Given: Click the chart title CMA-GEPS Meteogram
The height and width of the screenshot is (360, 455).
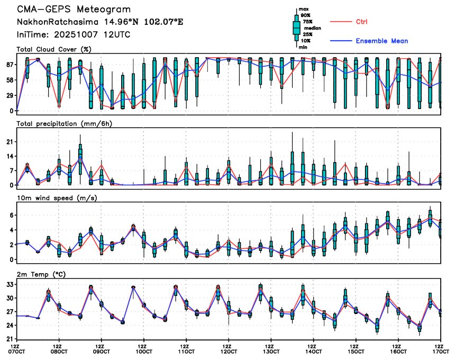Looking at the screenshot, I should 74,10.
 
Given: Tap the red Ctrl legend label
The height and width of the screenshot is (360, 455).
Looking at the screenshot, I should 361,22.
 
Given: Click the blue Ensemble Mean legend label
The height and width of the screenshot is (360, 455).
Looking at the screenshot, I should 381,41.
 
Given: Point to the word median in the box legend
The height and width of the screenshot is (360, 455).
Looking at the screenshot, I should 307,28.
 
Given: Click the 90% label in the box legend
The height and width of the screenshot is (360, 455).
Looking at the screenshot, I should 305,15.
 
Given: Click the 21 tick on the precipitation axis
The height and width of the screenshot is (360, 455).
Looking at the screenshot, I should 9,142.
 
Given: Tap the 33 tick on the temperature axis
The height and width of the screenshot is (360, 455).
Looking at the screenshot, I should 9,284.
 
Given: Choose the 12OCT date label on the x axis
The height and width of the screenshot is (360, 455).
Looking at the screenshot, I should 229,351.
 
